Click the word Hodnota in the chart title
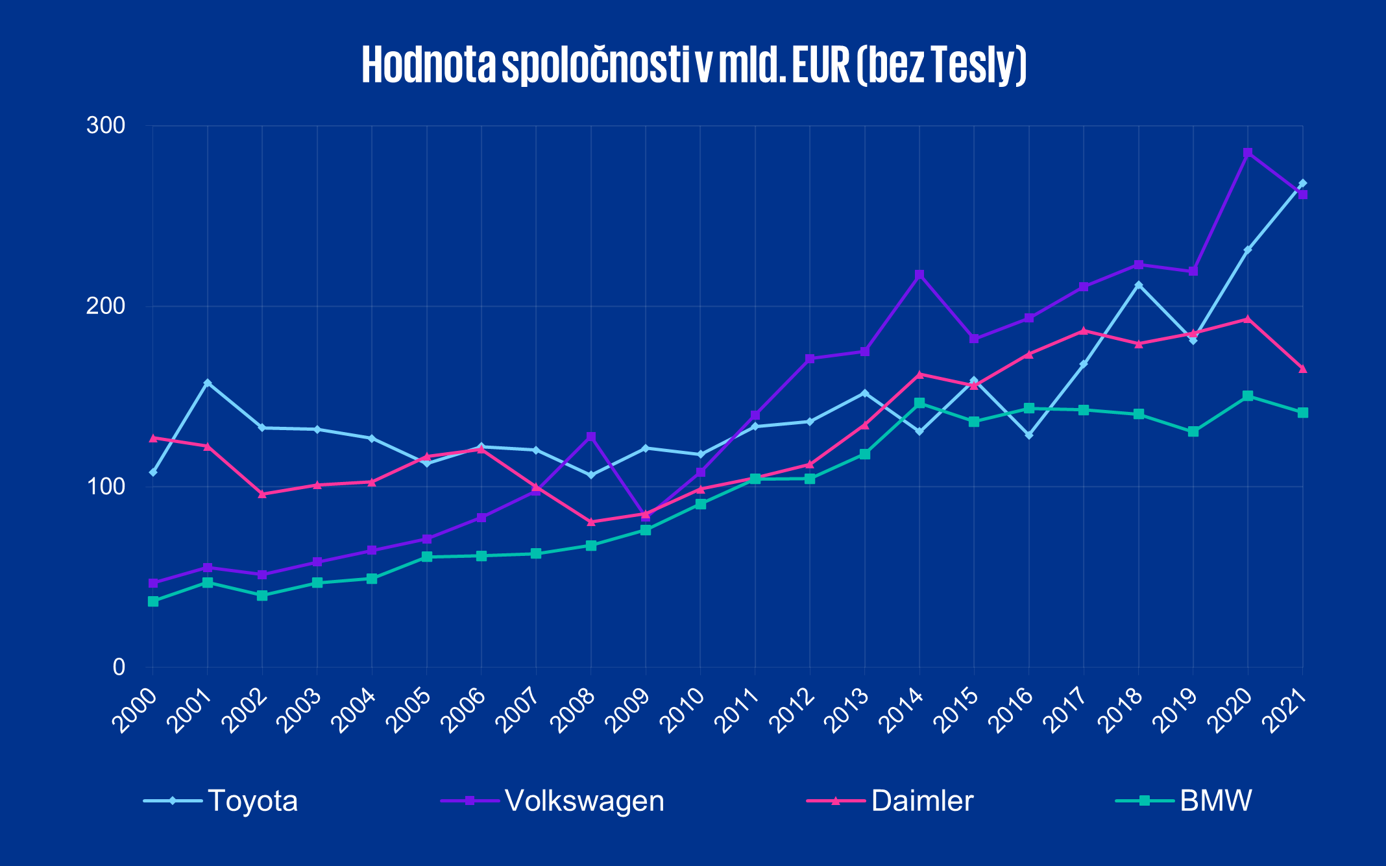429,65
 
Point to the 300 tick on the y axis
105,125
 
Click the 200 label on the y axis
105,306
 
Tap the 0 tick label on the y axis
118,667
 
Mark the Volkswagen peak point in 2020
1247,153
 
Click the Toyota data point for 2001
208,383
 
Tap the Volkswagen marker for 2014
919,275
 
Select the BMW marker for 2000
153,602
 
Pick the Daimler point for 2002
262,494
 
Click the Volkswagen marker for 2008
590,437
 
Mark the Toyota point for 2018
1138,285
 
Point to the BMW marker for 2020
1247,396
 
